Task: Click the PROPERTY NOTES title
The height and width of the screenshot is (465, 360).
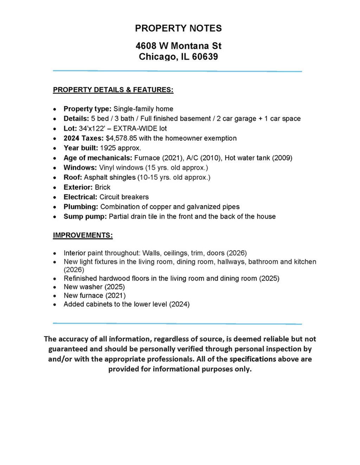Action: pyautogui.click(x=178, y=28)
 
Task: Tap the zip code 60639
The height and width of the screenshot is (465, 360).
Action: pyautogui.click(x=205, y=57)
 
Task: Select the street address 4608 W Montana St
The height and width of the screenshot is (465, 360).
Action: pyautogui.click(x=178, y=46)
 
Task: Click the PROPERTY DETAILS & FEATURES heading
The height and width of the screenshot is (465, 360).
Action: pyautogui.click(x=113, y=90)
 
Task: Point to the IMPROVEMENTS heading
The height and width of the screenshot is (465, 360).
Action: pyautogui.click(x=83, y=235)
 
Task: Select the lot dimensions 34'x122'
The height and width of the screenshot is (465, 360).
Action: pyautogui.click(x=92, y=129)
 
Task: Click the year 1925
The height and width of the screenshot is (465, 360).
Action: pyautogui.click(x=108, y=148)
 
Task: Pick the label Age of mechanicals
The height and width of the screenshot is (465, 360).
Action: pyautogui.click(x=98, y=158)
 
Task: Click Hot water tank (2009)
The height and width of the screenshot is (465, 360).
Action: pyautogui.click(x=258, y=158)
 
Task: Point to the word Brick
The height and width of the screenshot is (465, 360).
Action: pyautogui.click(x=103, y=187)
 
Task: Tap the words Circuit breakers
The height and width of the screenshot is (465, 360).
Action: pyautogui.click(x=124, y=197)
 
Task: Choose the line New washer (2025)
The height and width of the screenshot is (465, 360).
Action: pyautogui.click(x=94, y=287)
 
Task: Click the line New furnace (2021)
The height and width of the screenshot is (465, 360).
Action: pyautogui.click(x=95, y=296)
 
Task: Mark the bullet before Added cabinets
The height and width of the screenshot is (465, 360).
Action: pyautogui.click(x=54, y=304)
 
